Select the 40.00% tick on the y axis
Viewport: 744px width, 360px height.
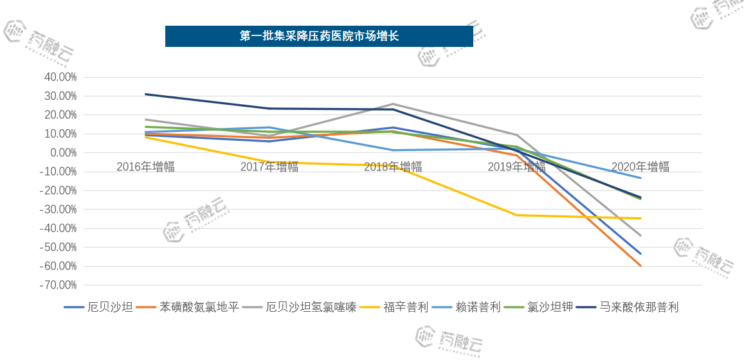pyautogui.click(x=59, y=77)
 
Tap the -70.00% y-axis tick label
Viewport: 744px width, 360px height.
pyautogui.click(x=59, y=285)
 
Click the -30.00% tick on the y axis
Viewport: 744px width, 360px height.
pyautogui.click(x=59, y=210)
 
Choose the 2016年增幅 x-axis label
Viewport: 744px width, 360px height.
pyautogui.click(x=145, y=167)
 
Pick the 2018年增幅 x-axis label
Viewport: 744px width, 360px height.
pyautogui.click(x=393, y=167)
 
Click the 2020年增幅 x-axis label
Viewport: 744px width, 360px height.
pyautogui.click(x=640, y=167)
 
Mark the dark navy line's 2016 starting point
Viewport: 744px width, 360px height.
pyautogui.click(x=145, y=94)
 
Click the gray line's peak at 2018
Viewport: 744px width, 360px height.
pyautogui.click(x=393, y=104)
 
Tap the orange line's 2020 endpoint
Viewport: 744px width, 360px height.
pyautogui.click(x=640, y=265)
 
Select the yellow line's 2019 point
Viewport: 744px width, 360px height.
pyautogui.click(x=517, y=215)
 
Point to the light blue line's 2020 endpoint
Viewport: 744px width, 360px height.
pyautogui.click(x=640, y=178)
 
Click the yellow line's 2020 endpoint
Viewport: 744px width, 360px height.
pyautogui.click(x=640, y=219)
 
